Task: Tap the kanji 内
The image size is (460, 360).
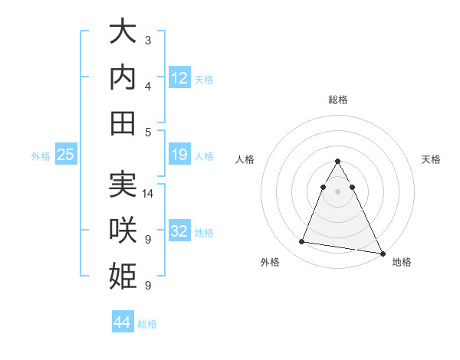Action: point(123,79)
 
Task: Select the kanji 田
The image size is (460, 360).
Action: point(123,123)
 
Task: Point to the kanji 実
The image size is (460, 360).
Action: point(123,186)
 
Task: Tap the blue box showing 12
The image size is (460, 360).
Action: point(179,77)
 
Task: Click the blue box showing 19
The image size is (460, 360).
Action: point(179,155)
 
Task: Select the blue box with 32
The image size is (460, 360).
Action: point(179,232)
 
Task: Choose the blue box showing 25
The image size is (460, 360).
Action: point(66,155)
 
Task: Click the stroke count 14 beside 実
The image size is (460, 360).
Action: point(148,194)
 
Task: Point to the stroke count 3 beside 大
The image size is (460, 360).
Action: point(148,41)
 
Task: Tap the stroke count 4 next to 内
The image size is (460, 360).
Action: point(148,87)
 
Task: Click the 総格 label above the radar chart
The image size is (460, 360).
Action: point(338,100)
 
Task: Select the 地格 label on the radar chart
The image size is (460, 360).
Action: point(402,262)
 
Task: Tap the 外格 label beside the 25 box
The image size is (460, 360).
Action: point(41,155)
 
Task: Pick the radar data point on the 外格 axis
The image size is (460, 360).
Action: point(302,242)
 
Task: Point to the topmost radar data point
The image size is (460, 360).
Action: point(338,162)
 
